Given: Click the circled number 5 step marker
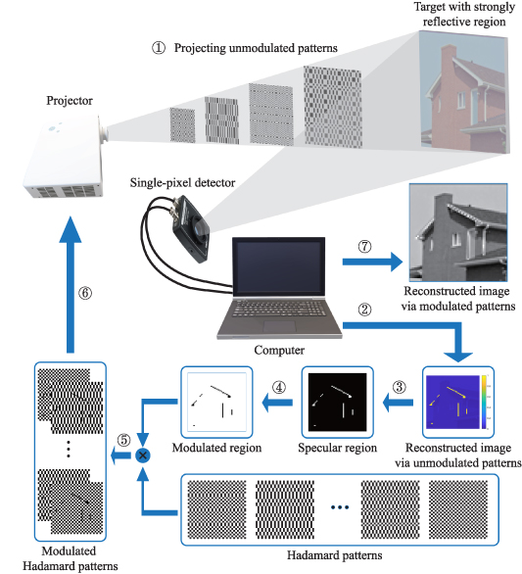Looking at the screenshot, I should click(x=124, y=438).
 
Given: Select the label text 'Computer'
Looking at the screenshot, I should click(x=279, y=348).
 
